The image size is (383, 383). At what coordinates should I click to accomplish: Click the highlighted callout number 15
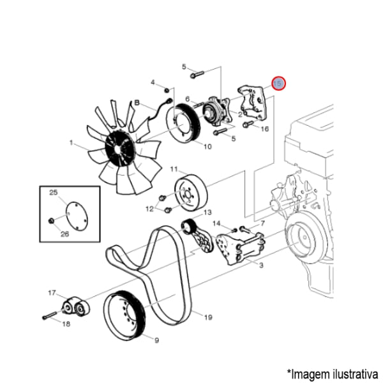point(278,84)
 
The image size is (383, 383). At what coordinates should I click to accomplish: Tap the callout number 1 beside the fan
point(71,142)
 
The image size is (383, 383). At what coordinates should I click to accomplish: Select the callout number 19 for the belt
point(208,317)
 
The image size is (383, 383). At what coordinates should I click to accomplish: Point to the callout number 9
point(156,340)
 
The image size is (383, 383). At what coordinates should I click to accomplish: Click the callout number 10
point(207,147)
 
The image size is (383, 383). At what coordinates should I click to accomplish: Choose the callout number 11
point(174,169)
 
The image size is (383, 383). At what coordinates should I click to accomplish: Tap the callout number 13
point(207,213)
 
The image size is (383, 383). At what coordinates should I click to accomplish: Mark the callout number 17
point(52,292)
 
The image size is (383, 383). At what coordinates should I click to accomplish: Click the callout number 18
point(66,324)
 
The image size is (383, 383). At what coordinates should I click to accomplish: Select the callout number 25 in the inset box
point(54,193)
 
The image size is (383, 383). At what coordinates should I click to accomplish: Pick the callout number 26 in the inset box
point(64,234)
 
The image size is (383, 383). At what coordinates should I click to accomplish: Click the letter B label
point(137,102)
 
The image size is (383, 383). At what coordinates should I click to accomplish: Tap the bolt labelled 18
point(50,315)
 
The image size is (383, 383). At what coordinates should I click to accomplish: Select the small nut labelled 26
point(51,221)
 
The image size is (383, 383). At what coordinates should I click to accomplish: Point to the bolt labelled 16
point(246,124)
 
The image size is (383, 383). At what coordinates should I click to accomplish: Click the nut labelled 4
point(167,91)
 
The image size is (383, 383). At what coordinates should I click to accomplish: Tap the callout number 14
point(216,223)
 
